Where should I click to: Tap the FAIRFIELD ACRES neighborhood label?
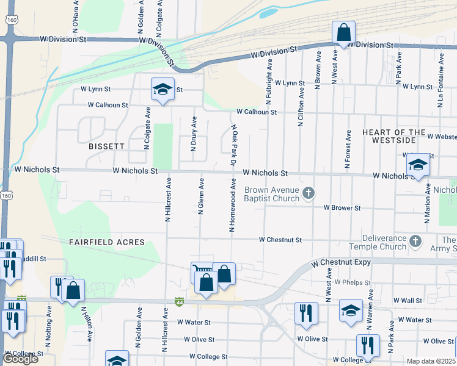tap(107, 242)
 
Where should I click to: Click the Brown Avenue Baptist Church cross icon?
tap(309, 194)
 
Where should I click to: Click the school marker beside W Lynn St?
tap(163, 90)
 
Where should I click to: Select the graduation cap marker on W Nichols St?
tap(418, 165)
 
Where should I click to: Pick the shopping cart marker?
tap(202, 271)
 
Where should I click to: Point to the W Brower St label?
tap(342, 208)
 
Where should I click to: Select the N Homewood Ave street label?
tap(233, 205)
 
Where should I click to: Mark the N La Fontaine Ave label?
tap(439, 79)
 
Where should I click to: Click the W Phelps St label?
tap(353, 282)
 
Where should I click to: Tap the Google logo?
tap(20, 359)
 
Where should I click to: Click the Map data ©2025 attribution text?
tap(431, 361)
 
